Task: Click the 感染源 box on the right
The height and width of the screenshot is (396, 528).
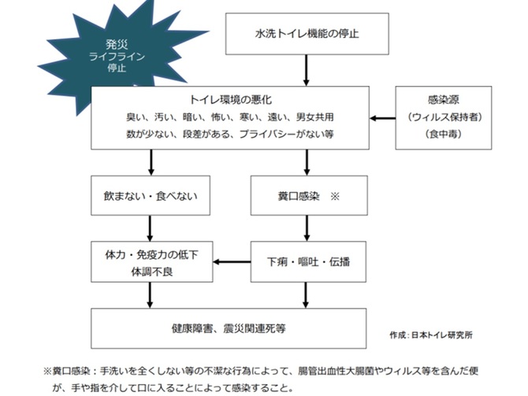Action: [x=447, y=117]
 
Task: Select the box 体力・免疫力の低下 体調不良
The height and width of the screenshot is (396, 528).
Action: [x=151, y=261]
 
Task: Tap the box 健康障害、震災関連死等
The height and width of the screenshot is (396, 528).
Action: [x=229, y=327]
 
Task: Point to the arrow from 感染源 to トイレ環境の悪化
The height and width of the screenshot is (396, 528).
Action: [x=383, y=118]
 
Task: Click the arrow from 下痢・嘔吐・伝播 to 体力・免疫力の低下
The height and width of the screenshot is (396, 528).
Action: [x=231, y=261]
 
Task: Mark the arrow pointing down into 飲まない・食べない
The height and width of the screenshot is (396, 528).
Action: [x=151, y=163]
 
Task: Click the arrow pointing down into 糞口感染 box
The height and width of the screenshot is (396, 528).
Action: [x=307, y=163]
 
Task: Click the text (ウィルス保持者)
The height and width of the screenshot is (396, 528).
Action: [x=447, y=117]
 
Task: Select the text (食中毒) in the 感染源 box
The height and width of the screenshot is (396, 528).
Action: [x=447, y=135]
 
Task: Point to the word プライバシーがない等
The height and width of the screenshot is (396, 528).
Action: [x=288, y=135]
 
